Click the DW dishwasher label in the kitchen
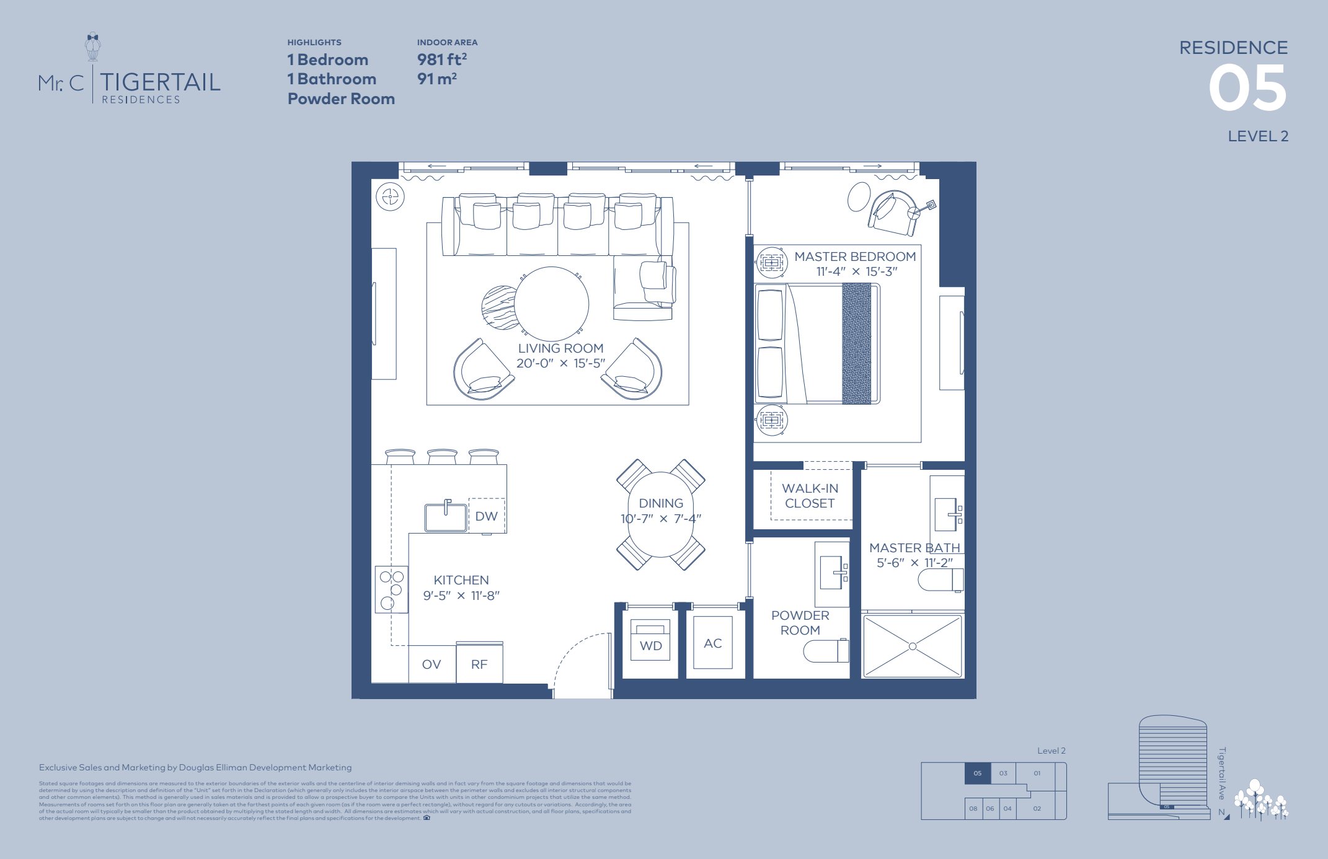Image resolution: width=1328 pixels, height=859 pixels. coord(487,516)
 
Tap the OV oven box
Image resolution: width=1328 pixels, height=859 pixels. coord(432,664)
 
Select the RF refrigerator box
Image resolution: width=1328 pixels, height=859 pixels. coord(479,664)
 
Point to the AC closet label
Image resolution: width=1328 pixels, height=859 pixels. coord(713,643)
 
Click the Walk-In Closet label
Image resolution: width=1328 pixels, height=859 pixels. coord(810,496)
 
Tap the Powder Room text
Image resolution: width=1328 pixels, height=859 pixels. coord(800,622)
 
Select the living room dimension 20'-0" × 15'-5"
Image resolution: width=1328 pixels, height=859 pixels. coord(560,363)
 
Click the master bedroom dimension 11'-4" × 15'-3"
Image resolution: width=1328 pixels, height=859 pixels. coord(856,271)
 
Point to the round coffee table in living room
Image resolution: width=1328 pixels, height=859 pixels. coord(551,303)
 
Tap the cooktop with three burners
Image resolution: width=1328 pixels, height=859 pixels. coord(391,589)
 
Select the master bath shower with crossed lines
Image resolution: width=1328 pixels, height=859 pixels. coord(913,646)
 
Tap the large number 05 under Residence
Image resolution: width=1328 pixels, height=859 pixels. coord(1247,89)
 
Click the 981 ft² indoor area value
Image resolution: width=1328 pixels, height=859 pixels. coord(441,59)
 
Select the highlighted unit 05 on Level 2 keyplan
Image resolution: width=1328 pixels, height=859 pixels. coord(977,773)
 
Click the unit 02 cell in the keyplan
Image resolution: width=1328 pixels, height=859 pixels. coord(1037,808)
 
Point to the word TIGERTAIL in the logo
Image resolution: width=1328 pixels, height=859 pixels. coord(160,82)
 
